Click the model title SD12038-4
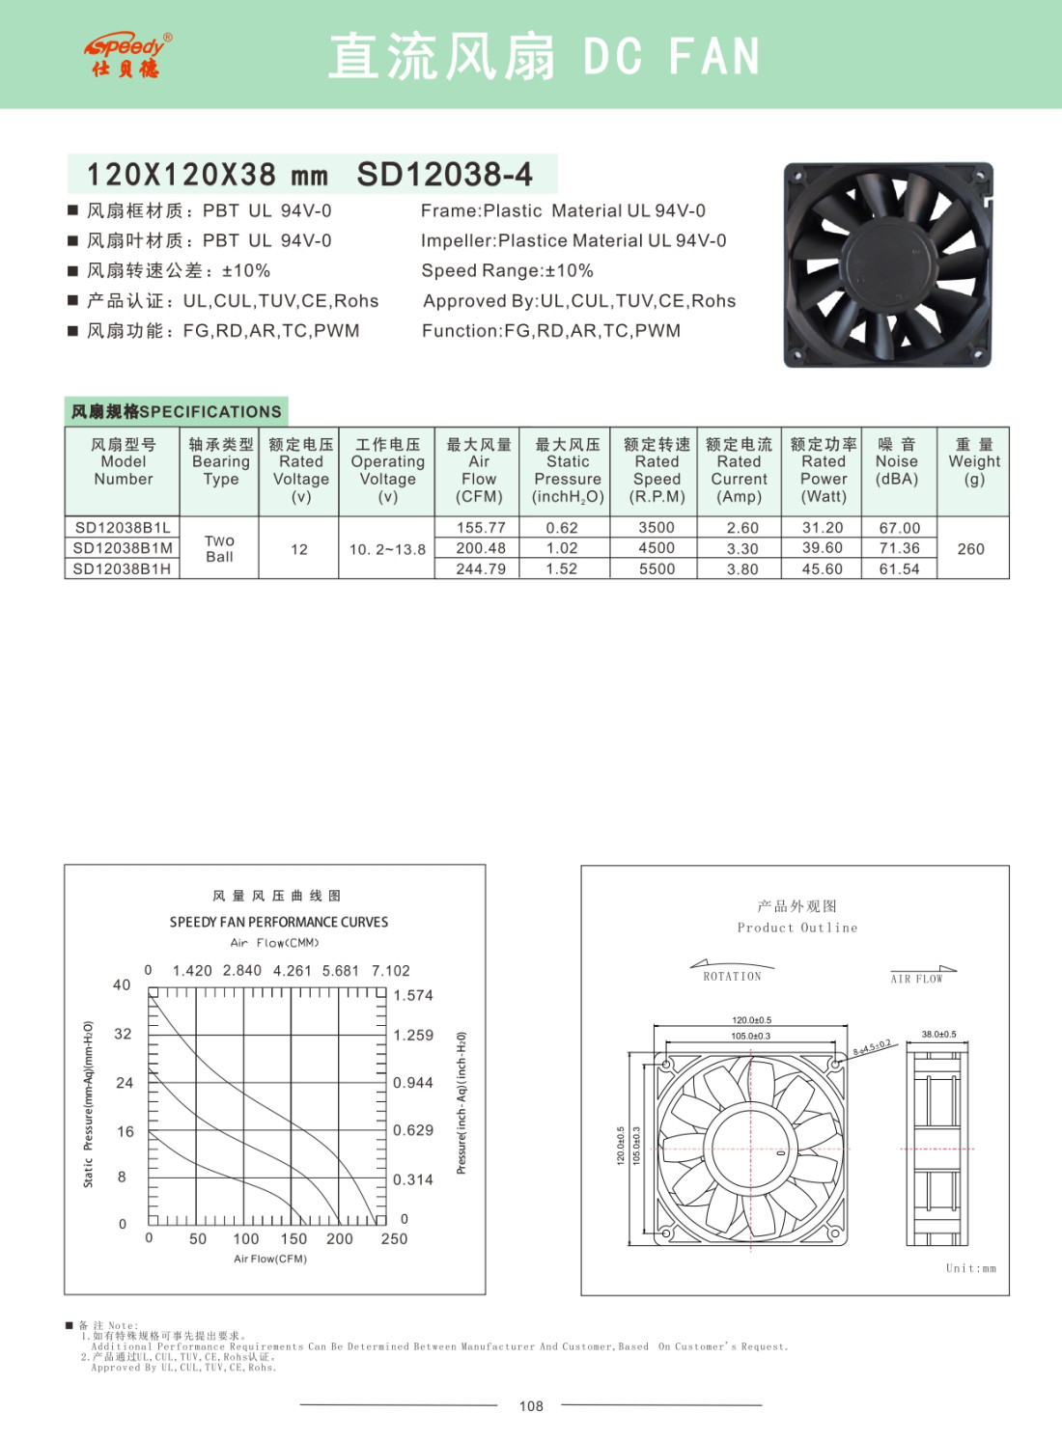tap(444, 175)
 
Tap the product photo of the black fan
tap(887, 264)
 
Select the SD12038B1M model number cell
tap(123, 548)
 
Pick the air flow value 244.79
tap(480, 569)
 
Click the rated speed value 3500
tap(657, 528)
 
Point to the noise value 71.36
tap(899, 548)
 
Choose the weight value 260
tap(970, 549)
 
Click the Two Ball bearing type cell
tap(219, 548)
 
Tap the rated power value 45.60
tap(823, 569)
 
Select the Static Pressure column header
tap(568, 471)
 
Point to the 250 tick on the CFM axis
tap(394, 1239)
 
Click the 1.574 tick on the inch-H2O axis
tap(413, 995)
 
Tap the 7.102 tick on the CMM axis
tap(391, 971)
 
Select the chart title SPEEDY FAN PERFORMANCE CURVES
tap(279, 923)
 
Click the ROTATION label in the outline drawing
tap(732, 977)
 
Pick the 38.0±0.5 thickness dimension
tap(938, 1035)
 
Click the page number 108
tap(531, 1406)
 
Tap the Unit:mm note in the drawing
tap(970, 1268)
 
